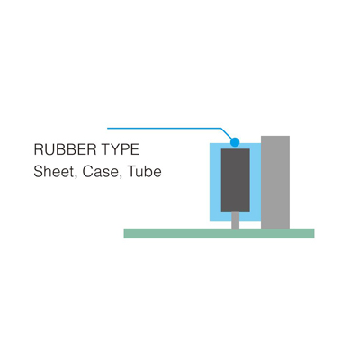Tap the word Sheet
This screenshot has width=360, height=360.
click(x=54, y=172)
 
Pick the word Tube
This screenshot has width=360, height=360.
click(x=145, y=172)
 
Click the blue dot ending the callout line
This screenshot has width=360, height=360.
click(x=235, y=142)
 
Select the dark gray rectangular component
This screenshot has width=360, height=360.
click(x=236, y=181)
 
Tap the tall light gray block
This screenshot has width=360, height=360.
click(x=275, y=183)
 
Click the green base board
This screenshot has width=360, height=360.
click(x=219, y=233)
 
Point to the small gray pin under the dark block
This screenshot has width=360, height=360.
click(x=236, y=220)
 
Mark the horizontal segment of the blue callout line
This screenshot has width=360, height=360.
click(x=165, y=129)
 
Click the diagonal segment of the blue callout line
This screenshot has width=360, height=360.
click(x=227, y=134)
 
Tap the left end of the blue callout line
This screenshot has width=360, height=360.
click(x=108, y=129)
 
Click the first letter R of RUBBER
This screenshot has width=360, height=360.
click(x=39, y=149)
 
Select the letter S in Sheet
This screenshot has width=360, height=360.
click(x=39, y=172)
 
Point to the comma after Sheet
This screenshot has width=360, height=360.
click(x=76, y=177)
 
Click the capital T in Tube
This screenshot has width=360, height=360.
click(x=132, y=172)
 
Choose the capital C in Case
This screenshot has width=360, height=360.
click(x=87, y=172)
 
